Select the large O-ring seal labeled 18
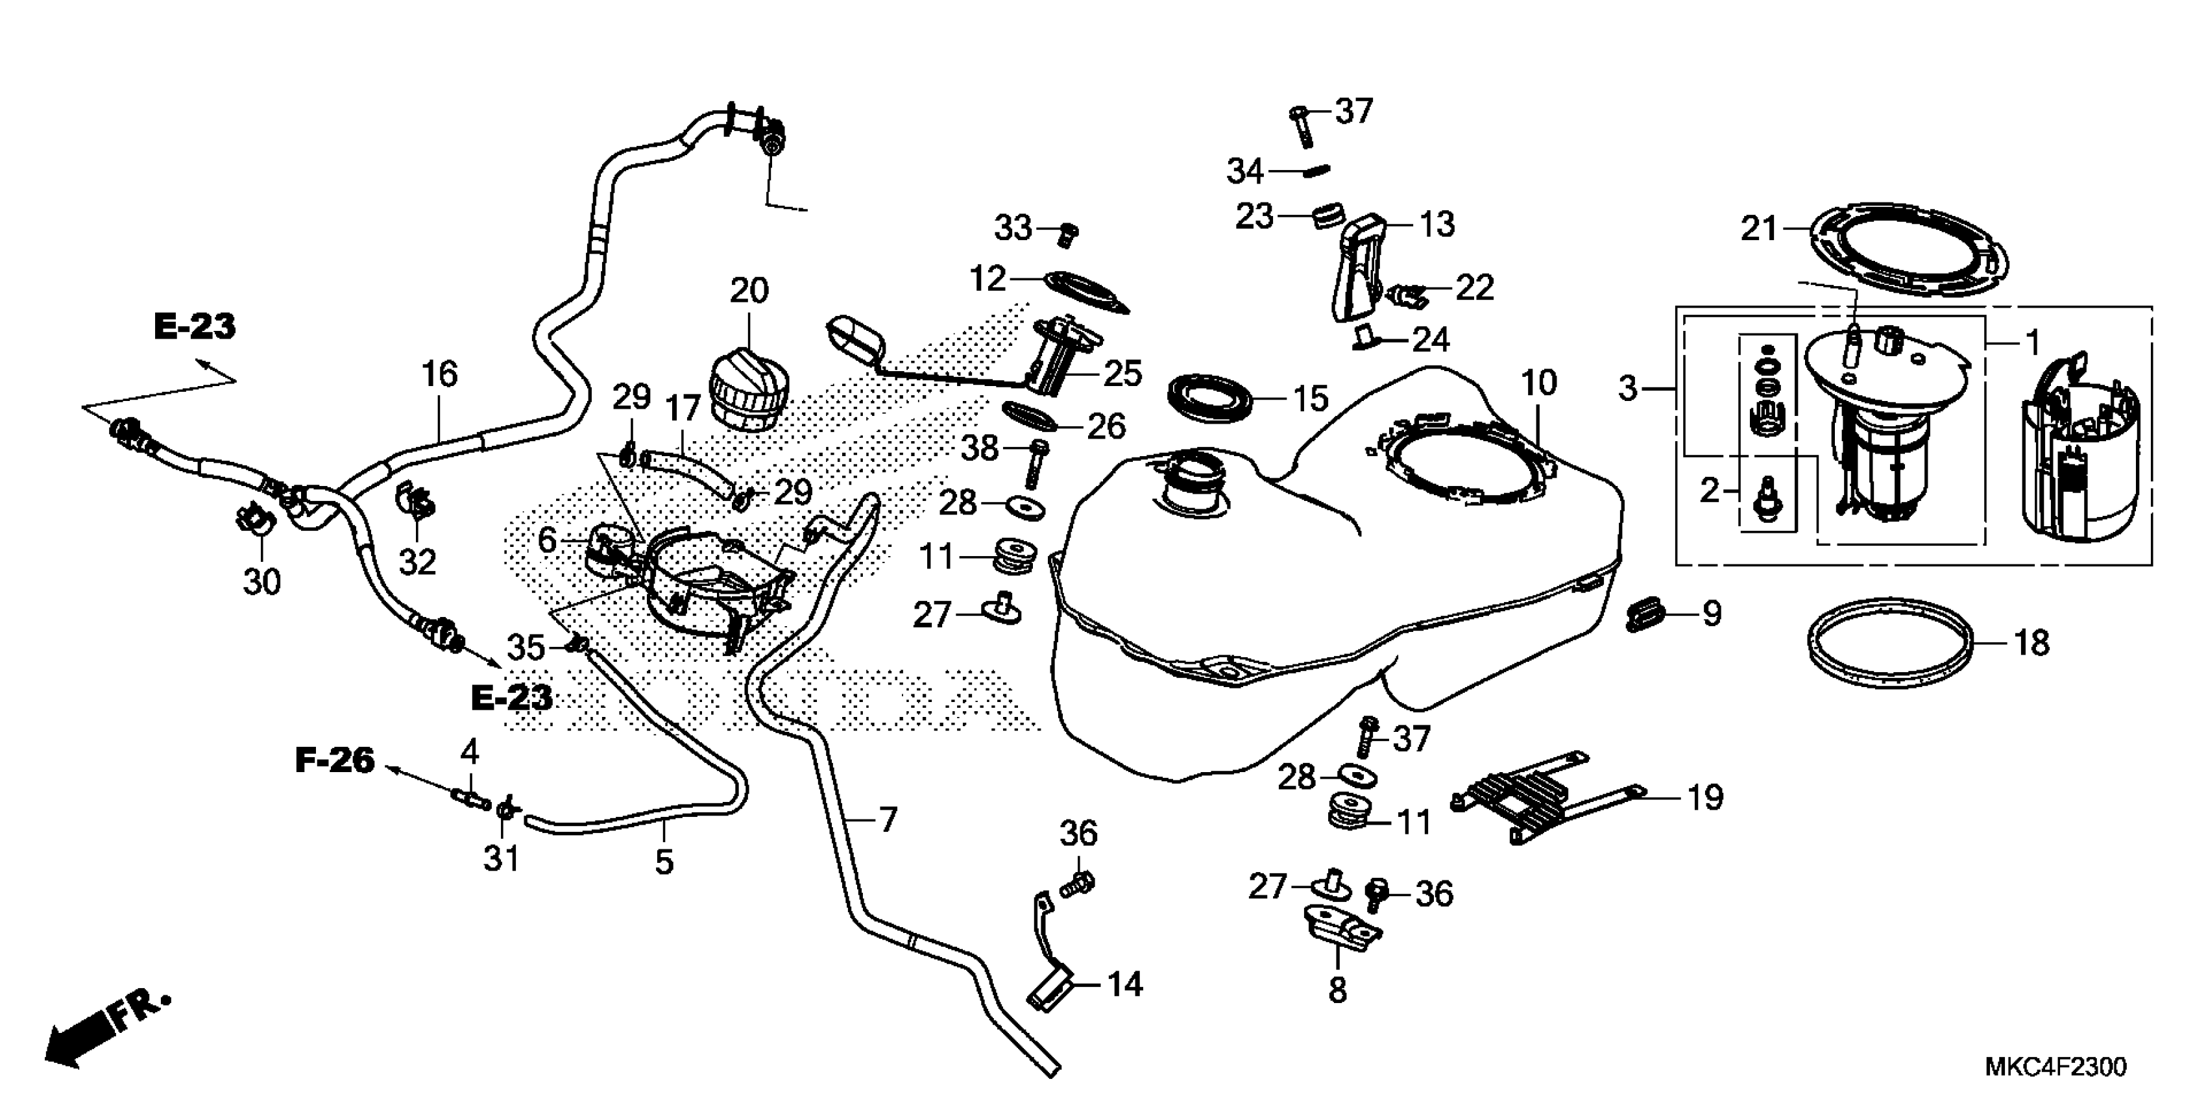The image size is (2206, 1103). pyautogui.click(x=1891, y=645)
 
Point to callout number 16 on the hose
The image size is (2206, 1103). pyautogui.click(x=439, y=374)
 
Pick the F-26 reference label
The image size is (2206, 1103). pyautogui.click(x=335, y=760)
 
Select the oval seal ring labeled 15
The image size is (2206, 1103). pyautogui.click(x=1210, y=396)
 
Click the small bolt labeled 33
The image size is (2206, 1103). pyautogui.click(x=1068, y=233)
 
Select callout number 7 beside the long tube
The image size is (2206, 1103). pyautogui.click(x=888, y=820)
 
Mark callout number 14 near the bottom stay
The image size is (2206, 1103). pyautogui.click(x=1124, y=985)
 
